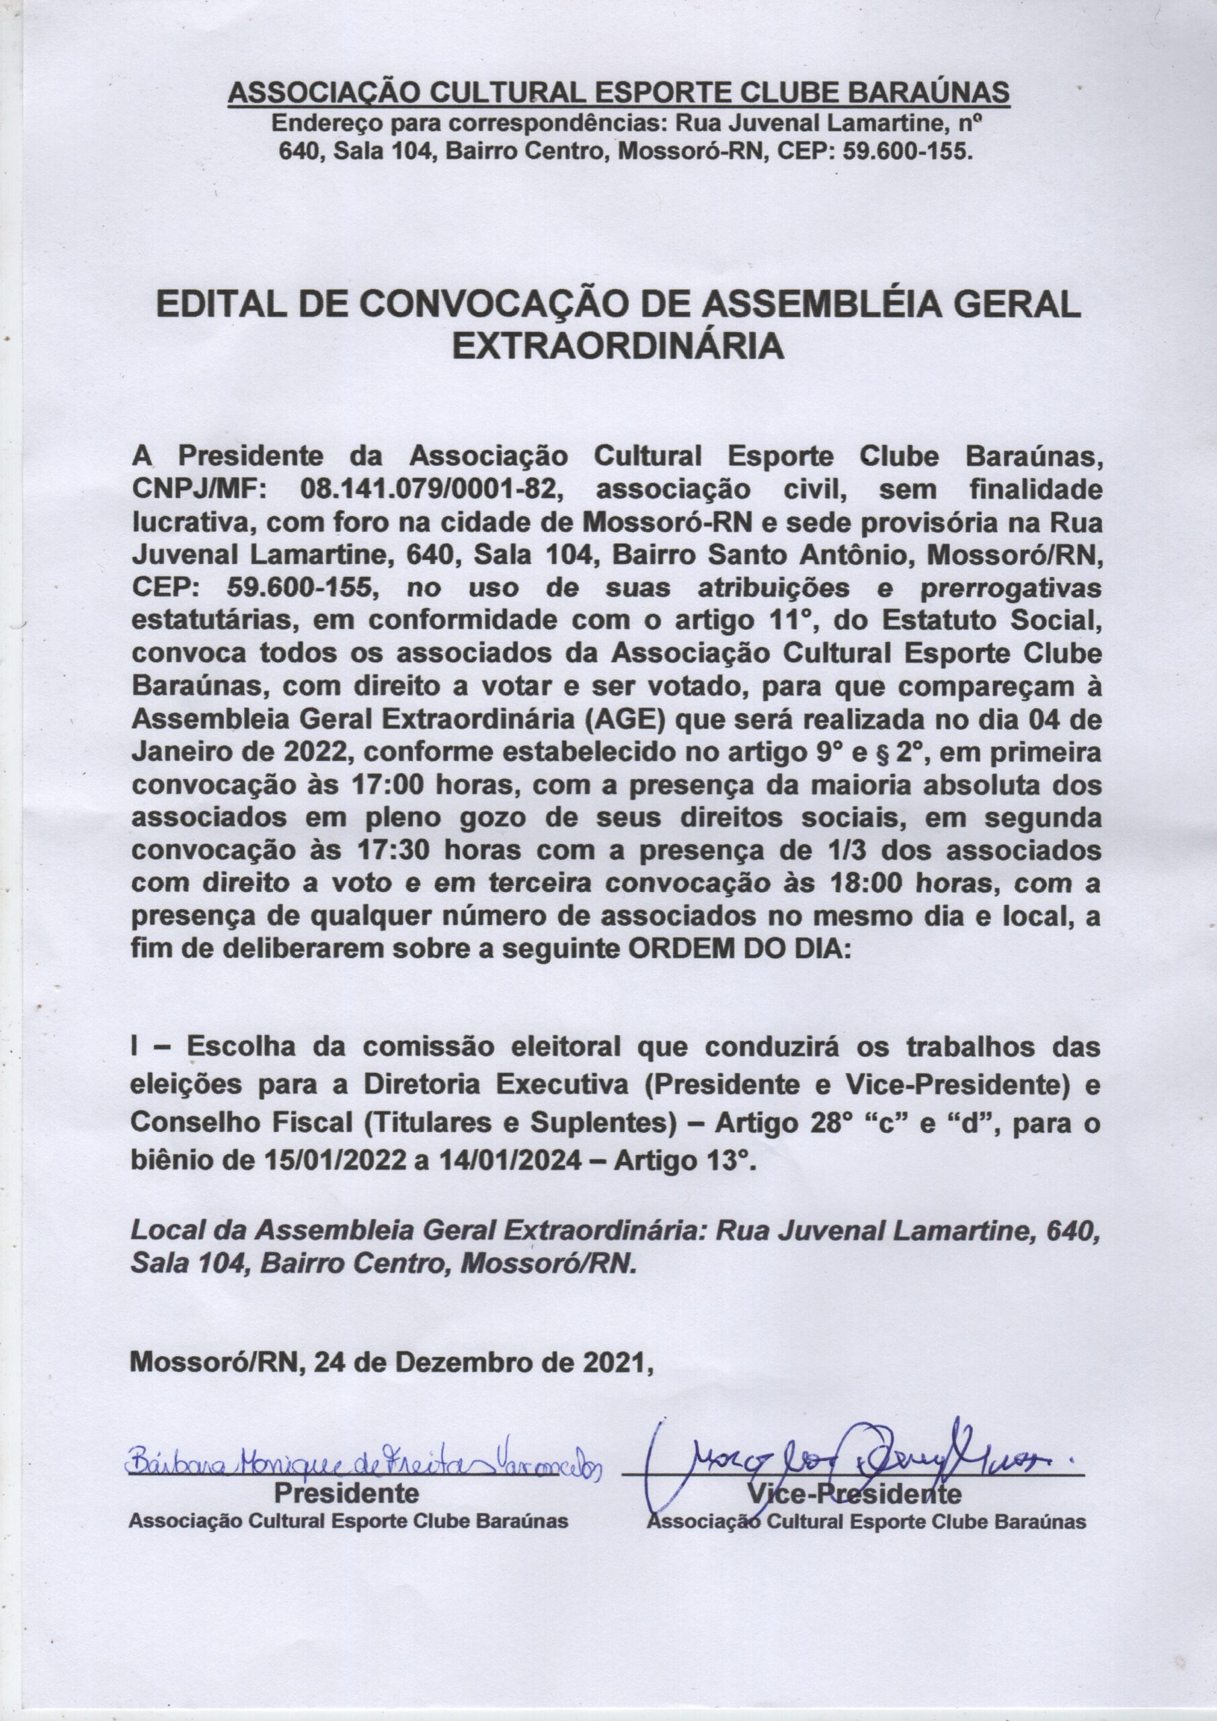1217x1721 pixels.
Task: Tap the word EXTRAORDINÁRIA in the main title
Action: [x=619, y=347]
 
